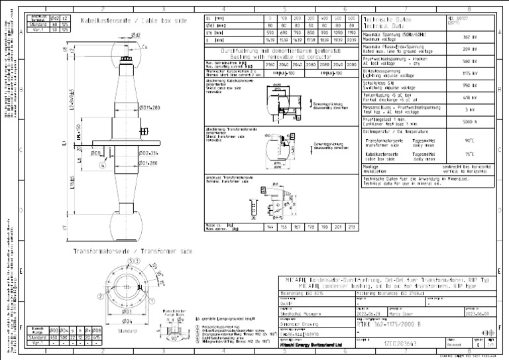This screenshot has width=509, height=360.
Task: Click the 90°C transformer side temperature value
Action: pyautogui.click(x=469, y=141)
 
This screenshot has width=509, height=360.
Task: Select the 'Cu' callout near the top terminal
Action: pyautogui.click(x=145, y=47)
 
